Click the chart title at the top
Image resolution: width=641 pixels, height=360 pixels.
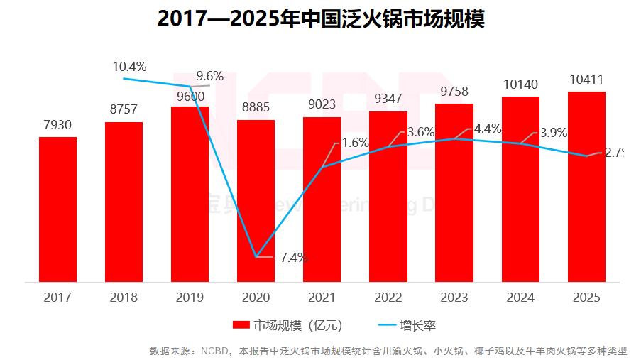(x=320, y=19)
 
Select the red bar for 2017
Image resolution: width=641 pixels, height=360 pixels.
(x=57, y=209)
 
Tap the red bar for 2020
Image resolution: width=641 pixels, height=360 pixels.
(x=256, y=201)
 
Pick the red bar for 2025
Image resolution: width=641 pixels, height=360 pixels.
(x=586, y=187)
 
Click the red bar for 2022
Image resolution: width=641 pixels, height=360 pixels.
(x=388, y=197)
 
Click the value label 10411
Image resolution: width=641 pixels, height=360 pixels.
(x=586, y=79)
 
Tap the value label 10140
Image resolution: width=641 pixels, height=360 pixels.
(x=520, y=84)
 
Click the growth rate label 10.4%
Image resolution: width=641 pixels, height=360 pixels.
(x=129, y=67)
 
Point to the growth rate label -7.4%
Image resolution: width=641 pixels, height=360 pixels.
(x=291, y=257)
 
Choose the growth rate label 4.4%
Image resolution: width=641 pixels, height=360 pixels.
(x=488, y=129)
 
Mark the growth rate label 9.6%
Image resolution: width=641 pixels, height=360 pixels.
(x=210, y=76)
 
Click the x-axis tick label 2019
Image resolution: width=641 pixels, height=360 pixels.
(x=190, y=298)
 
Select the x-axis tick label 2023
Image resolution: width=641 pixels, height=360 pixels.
(x=454, y=298)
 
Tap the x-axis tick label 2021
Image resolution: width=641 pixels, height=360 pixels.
(x=322, y=298)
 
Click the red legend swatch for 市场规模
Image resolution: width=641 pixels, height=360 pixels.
(x=241, y=325)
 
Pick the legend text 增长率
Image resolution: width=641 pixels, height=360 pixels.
(x=417, y=325)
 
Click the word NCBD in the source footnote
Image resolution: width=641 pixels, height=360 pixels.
(x=215, y=351)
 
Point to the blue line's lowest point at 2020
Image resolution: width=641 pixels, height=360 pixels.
(x=256, y=256)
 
